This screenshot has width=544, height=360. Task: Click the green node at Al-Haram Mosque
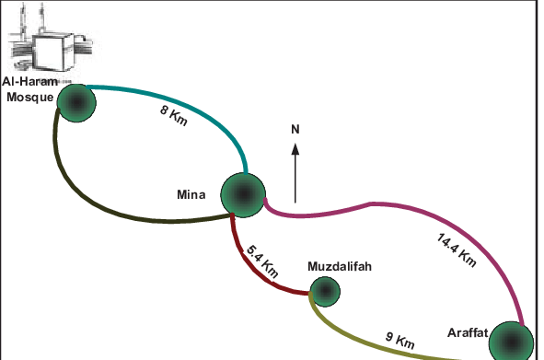click(x=76, y=100)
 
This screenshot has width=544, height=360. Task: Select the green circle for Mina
click(x=243, y=193)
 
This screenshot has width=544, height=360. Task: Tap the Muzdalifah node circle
click(x=324, y=292)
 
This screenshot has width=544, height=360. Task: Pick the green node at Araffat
click(x=510, y=341)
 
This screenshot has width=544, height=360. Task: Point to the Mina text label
click(x=195, y=193)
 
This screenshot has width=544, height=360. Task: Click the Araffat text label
click(x=467, y=331)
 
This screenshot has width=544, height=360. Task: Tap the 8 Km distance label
click(x=174, y=116)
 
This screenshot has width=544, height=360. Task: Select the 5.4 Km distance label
click(x=262, y=261)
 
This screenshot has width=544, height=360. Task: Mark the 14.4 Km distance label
click(x=457, y=249)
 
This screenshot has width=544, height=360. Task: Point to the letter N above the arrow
click(x=295, y=129)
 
